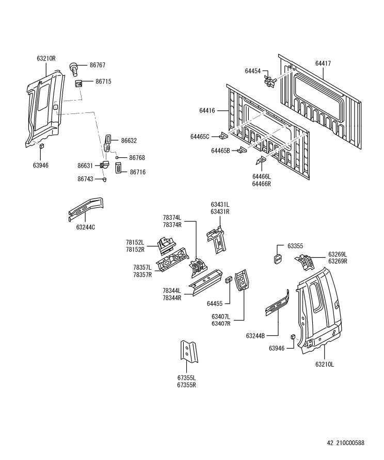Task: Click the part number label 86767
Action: click(x=97, y=65)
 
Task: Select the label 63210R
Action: click(x=46, y=59)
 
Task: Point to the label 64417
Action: click(x=323, y=63)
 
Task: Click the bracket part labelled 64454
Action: click(x=269, y=80)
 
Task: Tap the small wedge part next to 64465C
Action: click(x=223, y=136)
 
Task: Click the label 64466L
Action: click(x=262, y=176)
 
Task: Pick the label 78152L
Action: click(x=135, y=242)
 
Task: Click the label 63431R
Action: click(x=220, y=211)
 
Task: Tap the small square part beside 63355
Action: click(x=277, y=258)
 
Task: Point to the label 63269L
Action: click(x=338, y=254)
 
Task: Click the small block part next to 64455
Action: click(x=228, y=280)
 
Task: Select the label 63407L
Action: click(x=220, y=316)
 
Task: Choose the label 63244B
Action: click(x=255, y=336)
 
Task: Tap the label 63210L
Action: click(x=325, y=364)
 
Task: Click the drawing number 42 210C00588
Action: click(x=345, y=442)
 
